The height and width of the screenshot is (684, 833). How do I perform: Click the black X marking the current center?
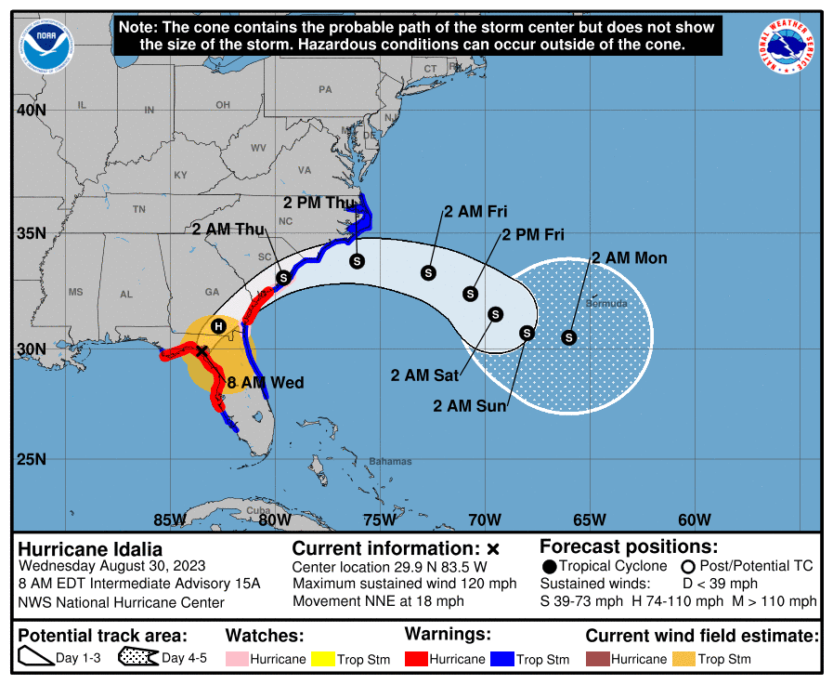pyautogui.click(x=202, y=351)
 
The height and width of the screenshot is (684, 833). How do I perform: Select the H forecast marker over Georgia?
pyautogui.click(x=218, y=326)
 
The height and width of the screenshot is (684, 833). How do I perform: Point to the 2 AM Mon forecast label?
pyautogui.click(x=629, y=257)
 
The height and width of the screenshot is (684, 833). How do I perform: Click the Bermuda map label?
pyautogui.click(x=606, y=304)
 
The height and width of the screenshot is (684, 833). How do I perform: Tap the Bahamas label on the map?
pyautogui.click(x=389, y=461)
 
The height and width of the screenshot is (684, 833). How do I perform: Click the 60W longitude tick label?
pyautogui.click(x=695, y=519)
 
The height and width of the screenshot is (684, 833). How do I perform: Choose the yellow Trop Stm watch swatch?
pyautogui.click(x=325, y=659)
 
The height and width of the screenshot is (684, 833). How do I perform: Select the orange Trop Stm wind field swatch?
pyautogui.click(x=684, y=659)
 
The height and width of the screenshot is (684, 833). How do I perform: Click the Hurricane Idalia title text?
pyautogui.click(x=90, y=548)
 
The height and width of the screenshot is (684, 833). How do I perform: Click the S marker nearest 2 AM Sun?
pyautogui.click(x=527, y=333)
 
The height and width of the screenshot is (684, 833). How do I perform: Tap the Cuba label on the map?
pyautogui.click(x=257, y=511)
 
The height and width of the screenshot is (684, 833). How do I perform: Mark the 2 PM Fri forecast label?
pyautogui.click(x=532, y=235)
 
